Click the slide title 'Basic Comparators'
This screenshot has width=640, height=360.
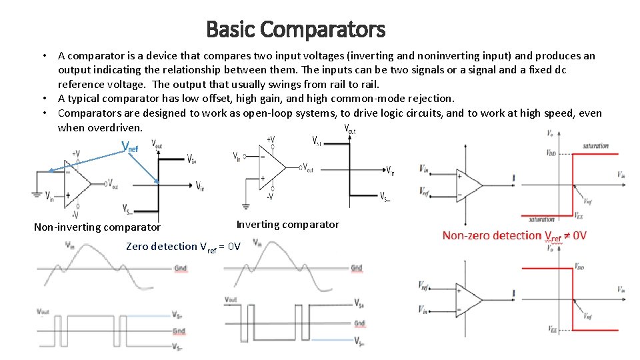pos(295,29)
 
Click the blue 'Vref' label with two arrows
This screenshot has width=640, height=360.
pos(130,147)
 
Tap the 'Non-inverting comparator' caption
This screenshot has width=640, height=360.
pos(97,227)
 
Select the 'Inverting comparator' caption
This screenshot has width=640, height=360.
pos(287,225)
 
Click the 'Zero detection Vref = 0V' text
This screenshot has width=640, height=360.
pos(183,247)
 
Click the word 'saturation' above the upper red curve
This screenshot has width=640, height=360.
pos(595,145)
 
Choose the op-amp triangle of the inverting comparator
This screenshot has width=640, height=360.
pos(279,167)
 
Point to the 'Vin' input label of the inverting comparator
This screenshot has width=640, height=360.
pos(236,157)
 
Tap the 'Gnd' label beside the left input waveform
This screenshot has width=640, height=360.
pos(180,268)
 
